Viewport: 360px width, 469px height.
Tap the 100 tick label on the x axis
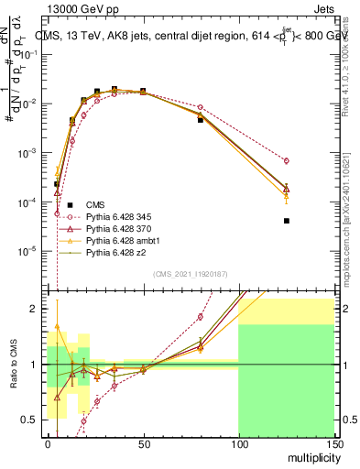pyautogui.click(x=238, y=443)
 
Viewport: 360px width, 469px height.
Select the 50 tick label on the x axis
pyautogui.click(x=143, y=443)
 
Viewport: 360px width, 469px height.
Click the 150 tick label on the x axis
pyautogui.click(x=333, y=443)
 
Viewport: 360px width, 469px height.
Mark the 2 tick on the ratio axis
pyautogui.click(x=37, y=309)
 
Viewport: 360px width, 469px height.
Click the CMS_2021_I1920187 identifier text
pyautogui.click(x=190, y=274)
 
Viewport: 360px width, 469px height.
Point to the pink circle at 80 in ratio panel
pyautogui.click(x=201, y=317)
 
